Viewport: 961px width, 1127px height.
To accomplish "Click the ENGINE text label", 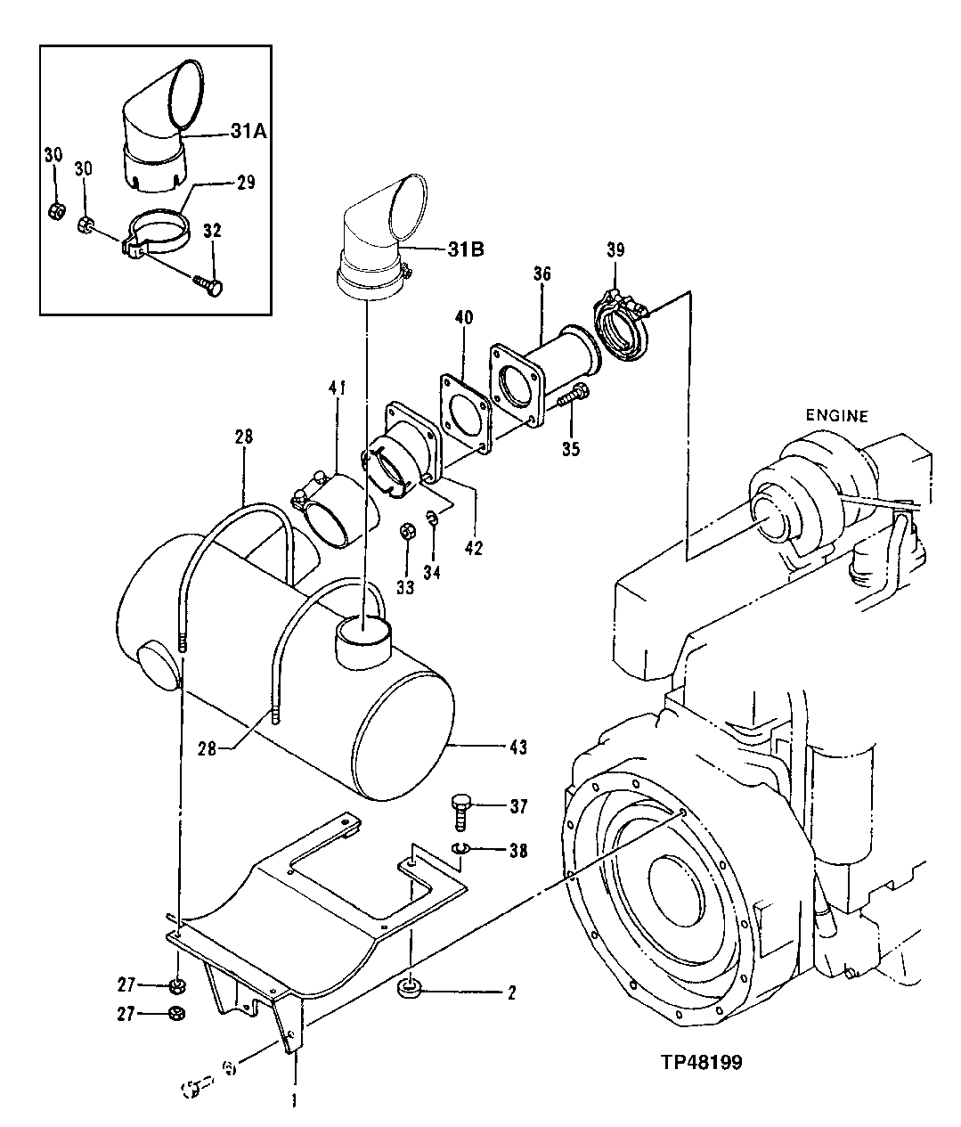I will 836,414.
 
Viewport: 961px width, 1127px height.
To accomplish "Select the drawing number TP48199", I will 702,1062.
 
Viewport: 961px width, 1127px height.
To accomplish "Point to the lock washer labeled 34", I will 431,519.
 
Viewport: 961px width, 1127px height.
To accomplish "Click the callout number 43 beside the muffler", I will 517,747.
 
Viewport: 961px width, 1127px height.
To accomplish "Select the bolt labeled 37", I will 462,807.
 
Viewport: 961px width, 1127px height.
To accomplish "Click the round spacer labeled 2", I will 411,989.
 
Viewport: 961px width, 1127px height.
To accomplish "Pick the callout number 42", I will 473,548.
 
